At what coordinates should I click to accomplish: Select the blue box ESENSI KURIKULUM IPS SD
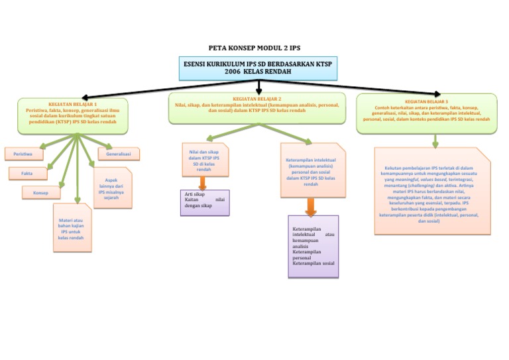[x=258, y=68]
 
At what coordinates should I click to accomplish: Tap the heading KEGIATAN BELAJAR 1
[x=73, y=104]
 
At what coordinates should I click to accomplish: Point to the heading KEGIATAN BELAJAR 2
[x=256, y=99]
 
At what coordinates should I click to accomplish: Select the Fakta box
[x=28, y=173]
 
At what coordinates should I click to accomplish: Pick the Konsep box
[x=40, y=192]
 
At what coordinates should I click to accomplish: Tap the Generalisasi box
[x=119, y=154]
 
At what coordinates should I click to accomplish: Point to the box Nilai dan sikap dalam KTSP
[x=204, y=160]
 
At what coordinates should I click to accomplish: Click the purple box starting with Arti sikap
[x=204, y=202]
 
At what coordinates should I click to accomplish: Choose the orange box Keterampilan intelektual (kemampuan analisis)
[x=311, y=171]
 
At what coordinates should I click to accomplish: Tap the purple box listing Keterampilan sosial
[x=313, y=246]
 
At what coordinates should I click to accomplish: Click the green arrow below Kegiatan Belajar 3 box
[x=435, y=141]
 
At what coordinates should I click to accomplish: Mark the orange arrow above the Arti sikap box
[x=203, y=183]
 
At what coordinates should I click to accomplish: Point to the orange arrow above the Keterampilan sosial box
[x=310, y=207]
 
